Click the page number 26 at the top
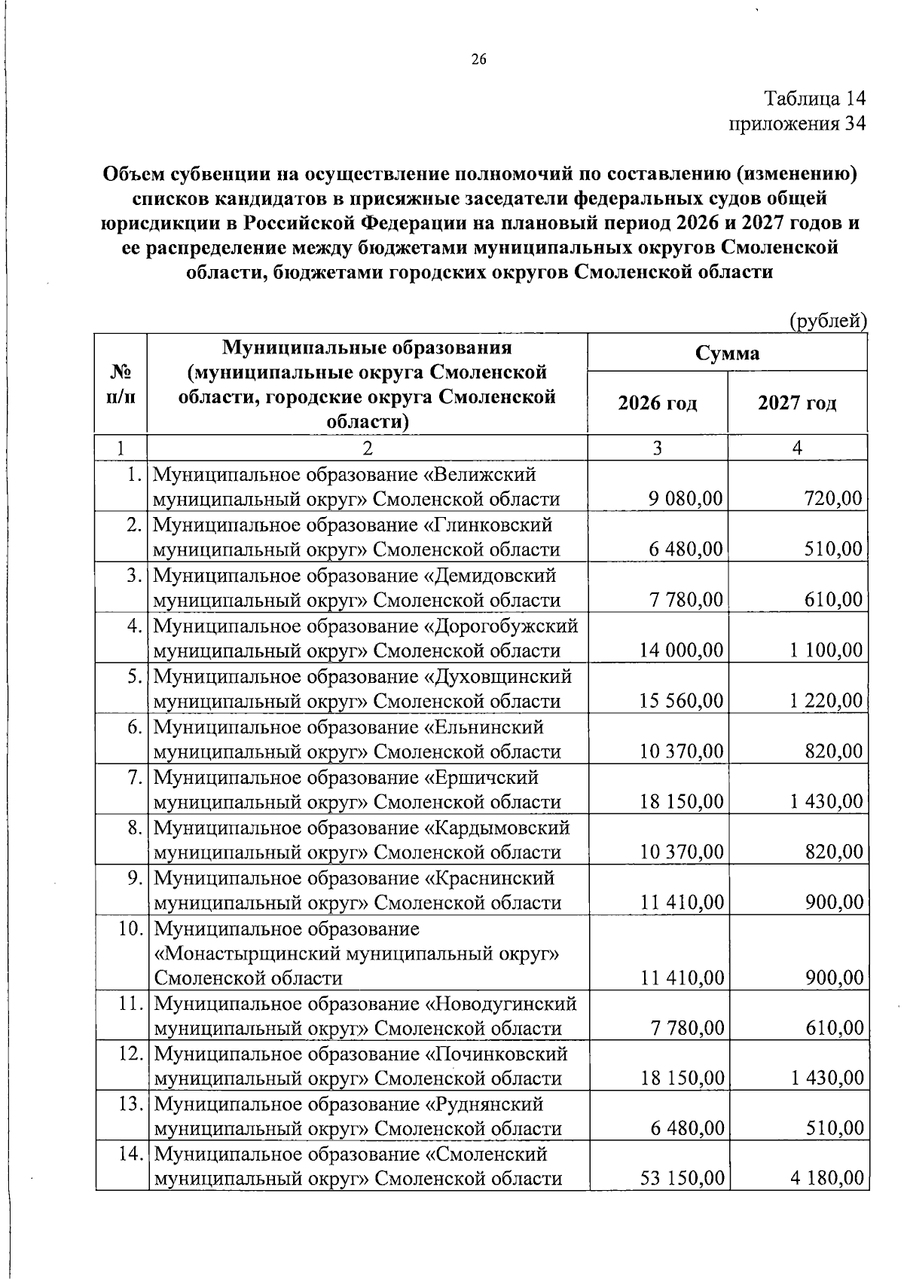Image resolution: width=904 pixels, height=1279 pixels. click(x=480, y=60)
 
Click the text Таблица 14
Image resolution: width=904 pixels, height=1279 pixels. click(x=815, y=98)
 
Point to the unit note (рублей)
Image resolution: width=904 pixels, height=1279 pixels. click(x=828, y=321)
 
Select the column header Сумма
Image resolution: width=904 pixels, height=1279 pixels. click(x=727, y=353)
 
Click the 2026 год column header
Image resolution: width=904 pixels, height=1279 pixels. click(x=658, y=403)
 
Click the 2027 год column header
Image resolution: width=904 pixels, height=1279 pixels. click(x=797, y=403)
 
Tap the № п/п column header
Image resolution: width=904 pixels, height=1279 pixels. click(x=121, y=384)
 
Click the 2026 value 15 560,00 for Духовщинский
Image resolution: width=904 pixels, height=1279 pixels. click(x=681, y=701)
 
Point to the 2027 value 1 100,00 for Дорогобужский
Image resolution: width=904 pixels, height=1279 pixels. click(x=826, y=650)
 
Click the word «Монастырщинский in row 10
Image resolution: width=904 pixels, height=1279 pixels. click(x=246, y=953)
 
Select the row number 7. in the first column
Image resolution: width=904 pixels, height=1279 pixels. click(x=134, y=777)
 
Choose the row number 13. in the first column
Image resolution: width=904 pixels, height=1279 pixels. click(x=130, y=1104)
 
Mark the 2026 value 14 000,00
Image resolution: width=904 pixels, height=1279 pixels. click(x=681, y=650)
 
